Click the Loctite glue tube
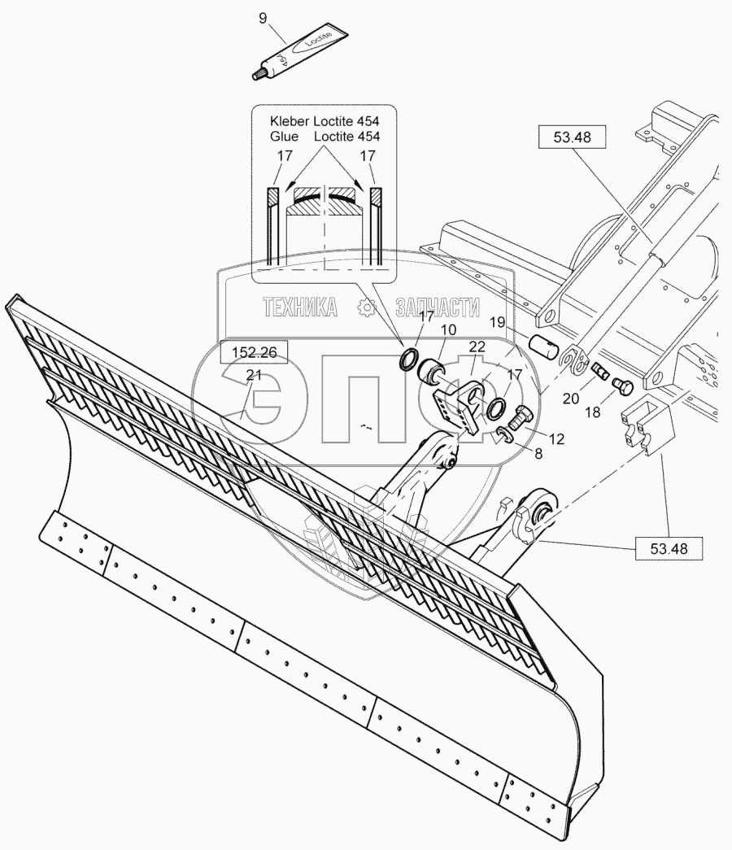click(x=300, y=54)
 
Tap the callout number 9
click(x=263, y=17)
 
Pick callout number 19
click(x=497, y=322)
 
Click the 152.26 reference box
click(x=254, y=352)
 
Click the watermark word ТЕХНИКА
click(x=299, y=307)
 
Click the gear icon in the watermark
click(x=367, y=307)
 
